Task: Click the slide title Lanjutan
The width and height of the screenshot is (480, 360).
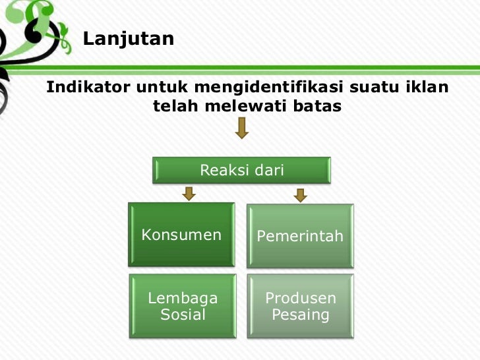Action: (x=129, y=39)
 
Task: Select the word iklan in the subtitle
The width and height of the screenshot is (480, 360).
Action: (x=425, y=86)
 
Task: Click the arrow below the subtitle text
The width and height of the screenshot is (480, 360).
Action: (x=242, y=128)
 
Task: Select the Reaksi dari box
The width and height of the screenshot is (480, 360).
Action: (x=242, y=171)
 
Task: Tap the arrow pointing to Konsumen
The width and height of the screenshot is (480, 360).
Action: (x=189, y=193)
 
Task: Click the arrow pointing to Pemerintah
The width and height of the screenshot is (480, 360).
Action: (x=301, y=195)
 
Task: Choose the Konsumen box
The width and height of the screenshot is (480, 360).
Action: (x=181, y=235)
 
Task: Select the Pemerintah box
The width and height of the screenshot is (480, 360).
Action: (x=300, y=236)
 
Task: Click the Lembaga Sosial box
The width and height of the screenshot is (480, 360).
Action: (x=183, y=307)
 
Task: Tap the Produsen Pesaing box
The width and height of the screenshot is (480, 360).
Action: (x=301, y=307)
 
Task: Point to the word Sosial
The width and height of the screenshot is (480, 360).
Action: (x=183, y=315)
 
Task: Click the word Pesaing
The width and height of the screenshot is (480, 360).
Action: (x=301, y=315)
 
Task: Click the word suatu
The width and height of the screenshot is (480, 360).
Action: (x=373, y=86)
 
